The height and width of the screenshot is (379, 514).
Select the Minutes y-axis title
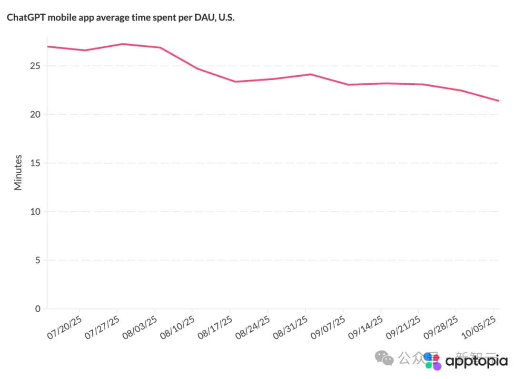pyautogui.click(x=18, y=172)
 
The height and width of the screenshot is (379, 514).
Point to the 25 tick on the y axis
pyautogui.click(x=35, y=66)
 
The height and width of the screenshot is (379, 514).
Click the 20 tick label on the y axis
pyautogui.click(x=35, y=114)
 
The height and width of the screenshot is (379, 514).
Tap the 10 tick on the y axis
pyautogui.click(x=35, y=211)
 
